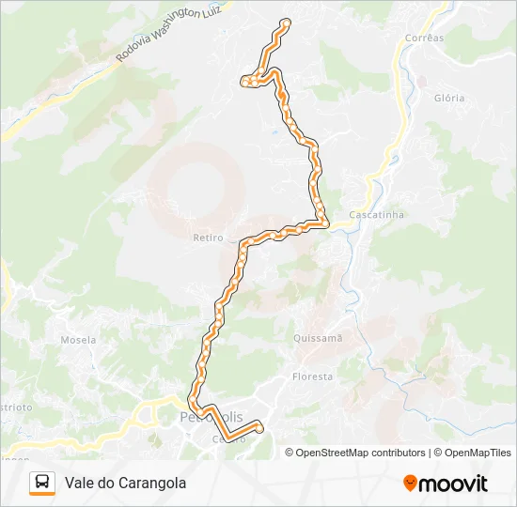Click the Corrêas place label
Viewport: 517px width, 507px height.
coord(423,38)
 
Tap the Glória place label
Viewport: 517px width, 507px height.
coord(449,98)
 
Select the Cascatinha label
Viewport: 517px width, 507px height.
coord(376,214)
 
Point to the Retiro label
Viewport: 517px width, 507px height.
coord(209,238)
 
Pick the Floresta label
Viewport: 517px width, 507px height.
coord(312,376)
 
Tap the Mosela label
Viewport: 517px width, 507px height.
coord(79,340)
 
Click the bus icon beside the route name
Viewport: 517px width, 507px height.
coord(42,483)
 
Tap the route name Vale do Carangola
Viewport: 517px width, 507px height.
coord(125,483)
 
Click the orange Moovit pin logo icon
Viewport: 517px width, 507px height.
coord(410,484)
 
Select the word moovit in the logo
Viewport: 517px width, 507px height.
coord(453,484)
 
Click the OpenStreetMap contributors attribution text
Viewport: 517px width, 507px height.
coord(361,453)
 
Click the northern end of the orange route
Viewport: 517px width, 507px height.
coord(286,23)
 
